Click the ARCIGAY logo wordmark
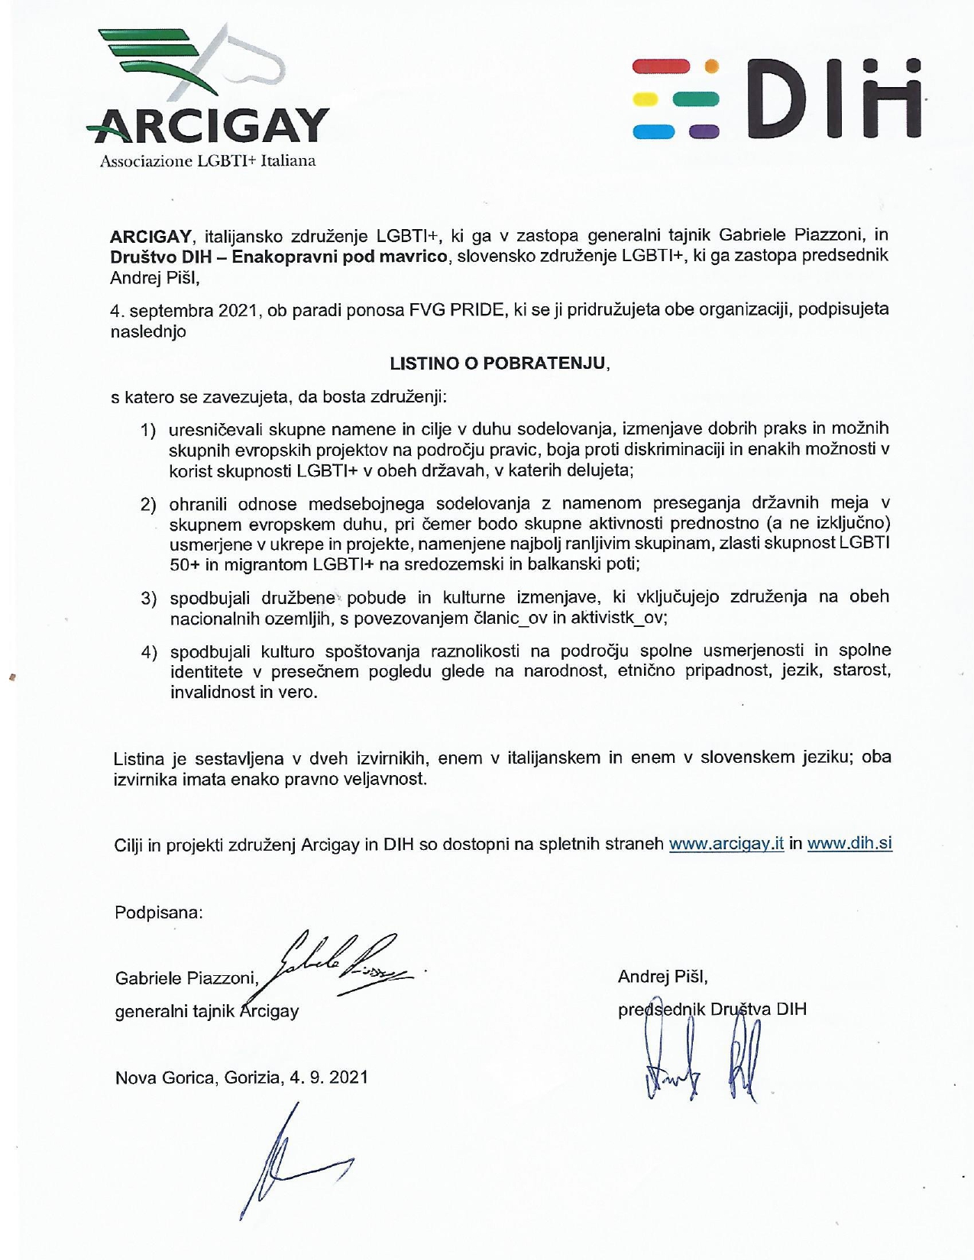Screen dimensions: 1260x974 point(208,126)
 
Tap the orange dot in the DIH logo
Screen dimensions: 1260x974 point(711,66)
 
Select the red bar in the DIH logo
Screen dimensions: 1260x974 point(662,66)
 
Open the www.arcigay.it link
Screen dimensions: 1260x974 point(726,844)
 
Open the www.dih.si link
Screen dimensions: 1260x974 point(849,844)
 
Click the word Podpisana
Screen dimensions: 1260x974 point(158,912)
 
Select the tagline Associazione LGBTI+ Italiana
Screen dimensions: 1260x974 point(207,161)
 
